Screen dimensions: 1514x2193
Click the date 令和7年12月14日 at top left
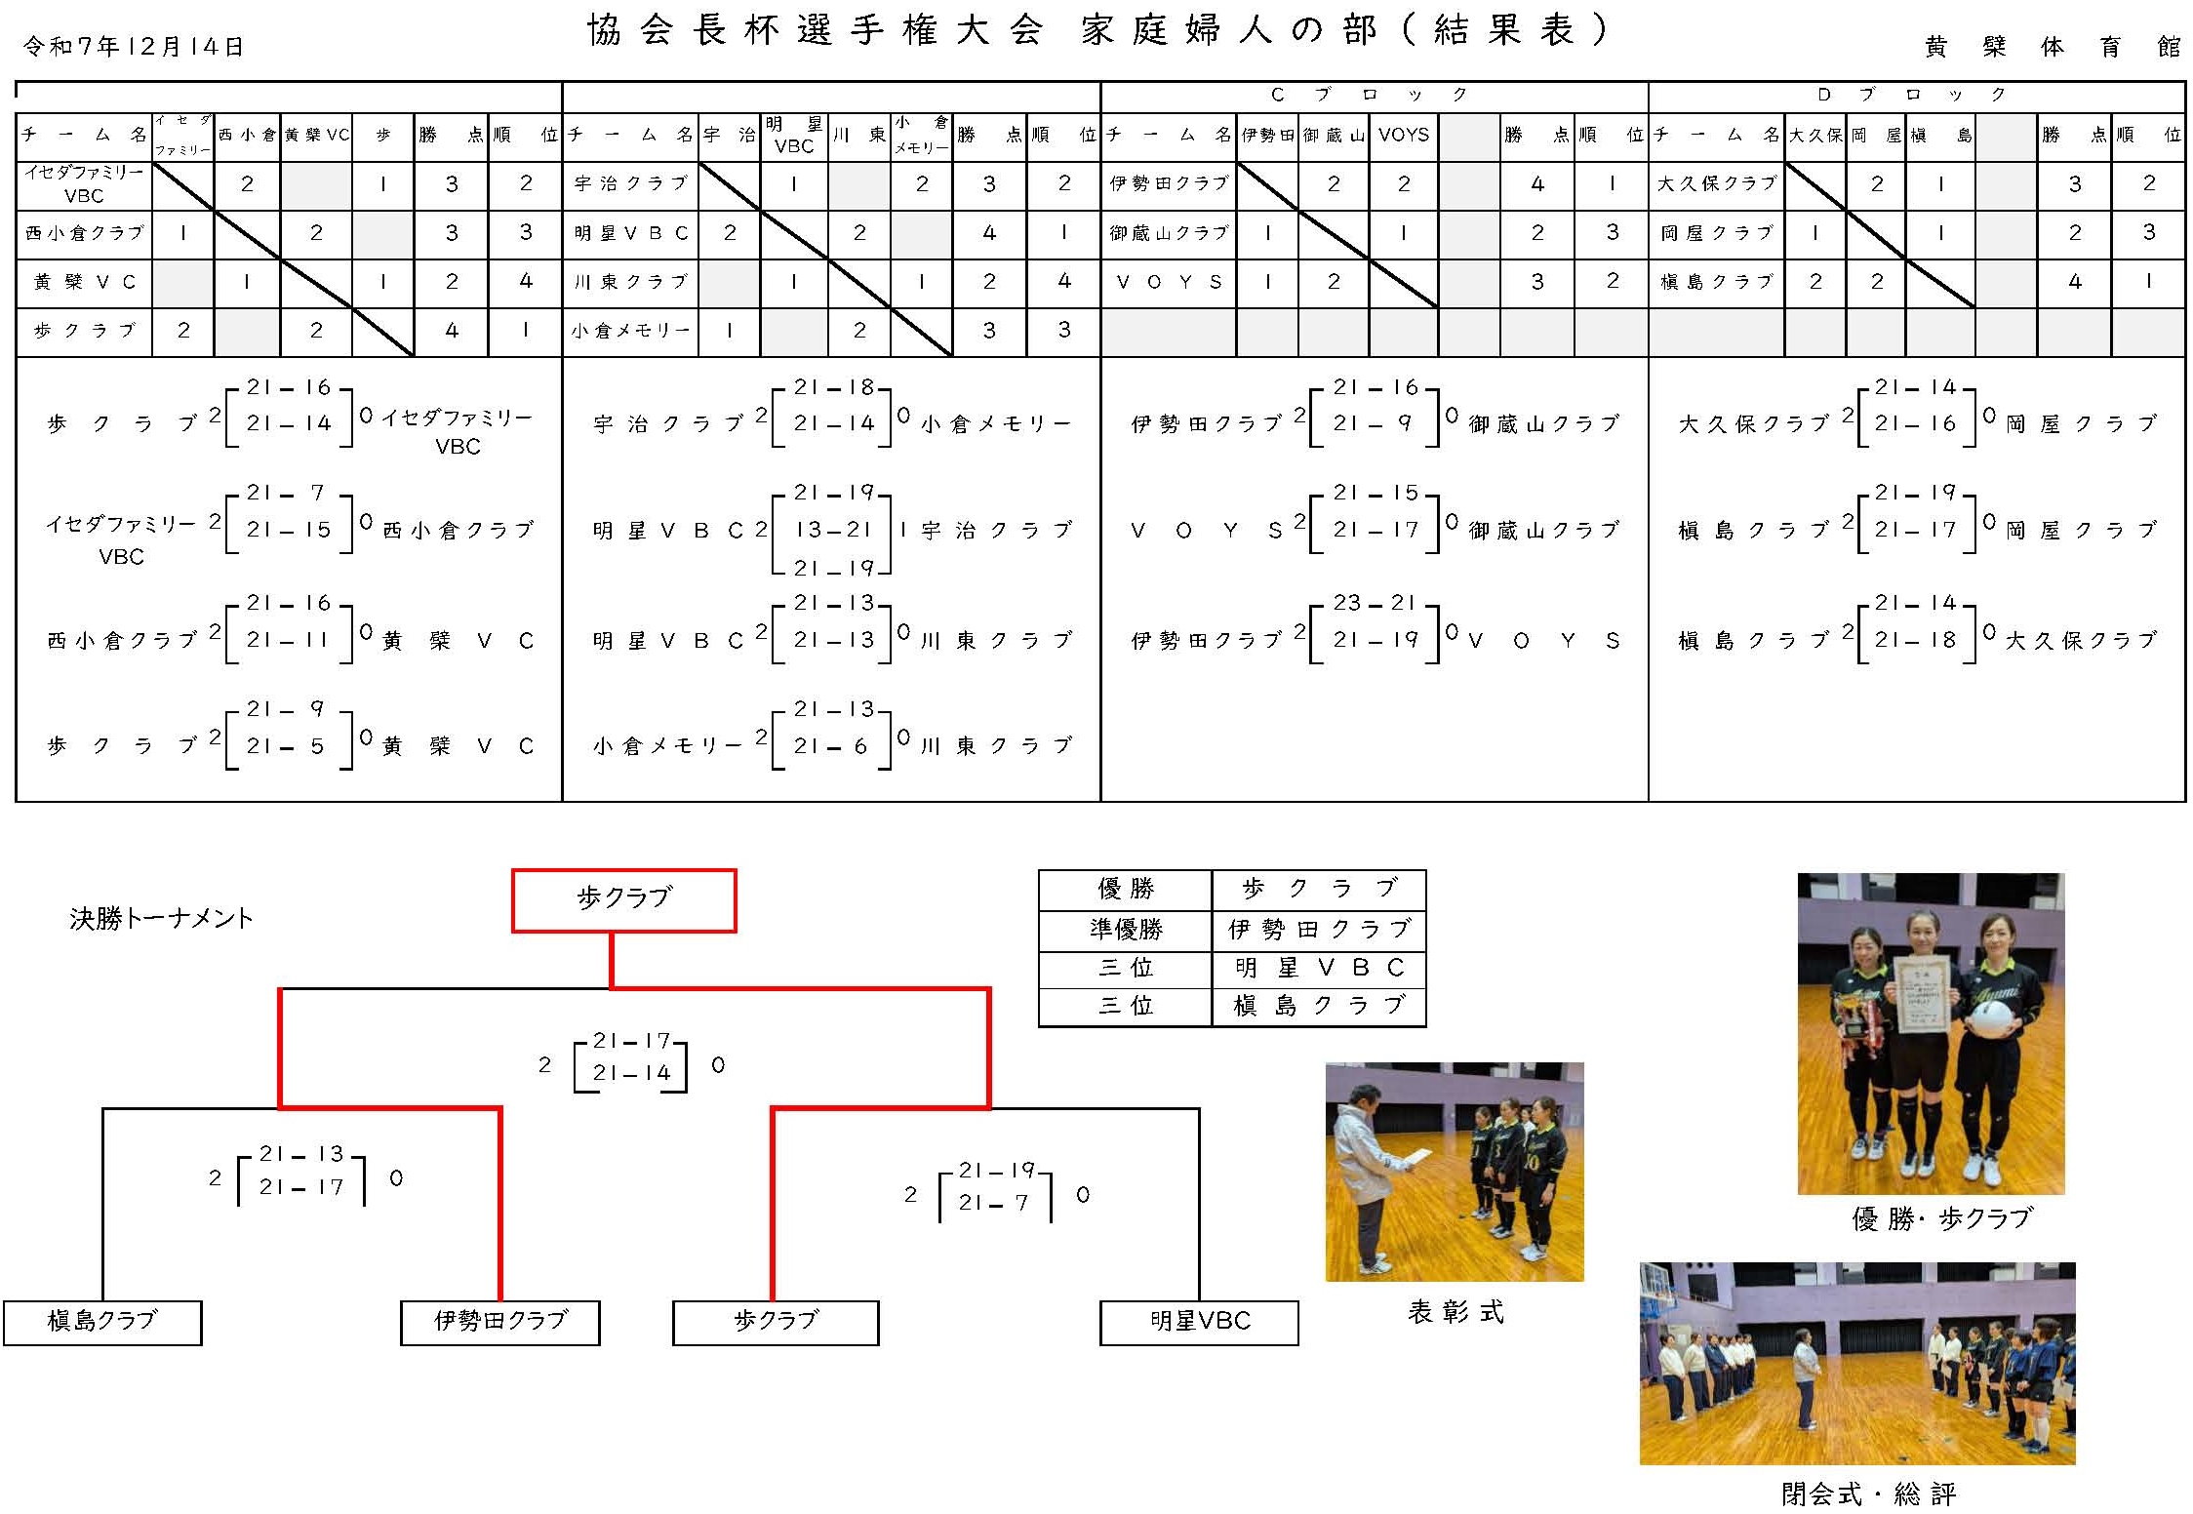pos(134,47)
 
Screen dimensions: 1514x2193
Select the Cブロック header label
pos(1369,95)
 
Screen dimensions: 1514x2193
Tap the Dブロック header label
pos(1912,95)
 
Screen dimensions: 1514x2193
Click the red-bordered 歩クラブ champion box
pos(624,899)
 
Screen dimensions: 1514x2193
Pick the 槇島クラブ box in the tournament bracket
pos(102,1322)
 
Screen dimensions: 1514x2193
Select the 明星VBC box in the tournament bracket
pos(1199,1322)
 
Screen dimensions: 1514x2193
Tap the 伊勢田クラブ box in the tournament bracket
pos(499,1322)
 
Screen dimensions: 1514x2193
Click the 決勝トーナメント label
pos(162,919)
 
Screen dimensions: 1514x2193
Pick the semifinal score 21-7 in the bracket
pos(993,1204)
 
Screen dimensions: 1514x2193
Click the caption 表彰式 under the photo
pos(1455,1313)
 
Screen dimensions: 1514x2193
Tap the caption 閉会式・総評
pos(1867,1494)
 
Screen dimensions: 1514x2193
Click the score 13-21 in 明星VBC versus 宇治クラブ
pos(832,530)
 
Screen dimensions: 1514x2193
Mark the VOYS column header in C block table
pos(1403,135)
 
